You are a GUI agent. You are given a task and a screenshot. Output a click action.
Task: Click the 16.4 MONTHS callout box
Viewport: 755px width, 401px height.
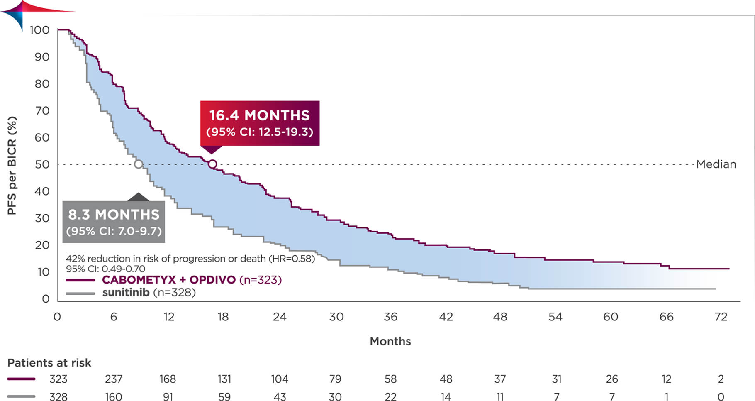coord(260,123)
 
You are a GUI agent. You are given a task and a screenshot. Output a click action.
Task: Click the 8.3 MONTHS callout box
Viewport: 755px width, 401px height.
coord(114,222)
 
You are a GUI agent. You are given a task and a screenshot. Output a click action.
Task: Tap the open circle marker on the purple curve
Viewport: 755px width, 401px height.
coord(212,164)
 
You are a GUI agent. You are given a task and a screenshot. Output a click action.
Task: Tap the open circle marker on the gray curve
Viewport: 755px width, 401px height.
coord(139,164)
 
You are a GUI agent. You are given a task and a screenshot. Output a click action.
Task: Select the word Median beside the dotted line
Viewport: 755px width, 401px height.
coord(716,164)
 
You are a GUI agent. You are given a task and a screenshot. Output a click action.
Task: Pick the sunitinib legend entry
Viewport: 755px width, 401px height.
coord(126,293)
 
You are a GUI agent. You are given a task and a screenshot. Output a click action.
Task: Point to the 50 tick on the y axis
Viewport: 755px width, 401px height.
coord(42,165)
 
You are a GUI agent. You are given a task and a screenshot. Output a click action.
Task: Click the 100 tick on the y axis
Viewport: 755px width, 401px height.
coord(39,30)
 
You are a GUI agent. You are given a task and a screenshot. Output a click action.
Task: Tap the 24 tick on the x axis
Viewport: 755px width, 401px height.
coord(280,317)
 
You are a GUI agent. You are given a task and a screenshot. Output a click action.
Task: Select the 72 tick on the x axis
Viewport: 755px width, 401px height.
coord(721,317)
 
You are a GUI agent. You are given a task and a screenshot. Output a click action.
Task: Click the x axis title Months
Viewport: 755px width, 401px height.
coord(390,342)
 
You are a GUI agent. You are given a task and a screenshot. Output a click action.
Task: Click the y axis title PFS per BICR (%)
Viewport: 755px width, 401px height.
coord(12,165)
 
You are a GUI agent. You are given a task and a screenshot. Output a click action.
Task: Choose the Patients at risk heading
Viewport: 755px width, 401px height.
coord(49,363)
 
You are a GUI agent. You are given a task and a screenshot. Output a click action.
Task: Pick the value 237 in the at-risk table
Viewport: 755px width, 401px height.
coord(114,379)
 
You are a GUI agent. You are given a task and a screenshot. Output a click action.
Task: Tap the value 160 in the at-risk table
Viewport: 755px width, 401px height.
coord(114,397)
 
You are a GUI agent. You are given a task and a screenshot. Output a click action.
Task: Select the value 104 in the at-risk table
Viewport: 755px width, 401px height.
coord(280,379)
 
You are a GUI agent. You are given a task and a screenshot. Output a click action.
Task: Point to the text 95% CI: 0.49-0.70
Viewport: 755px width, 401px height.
coord(105,269)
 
